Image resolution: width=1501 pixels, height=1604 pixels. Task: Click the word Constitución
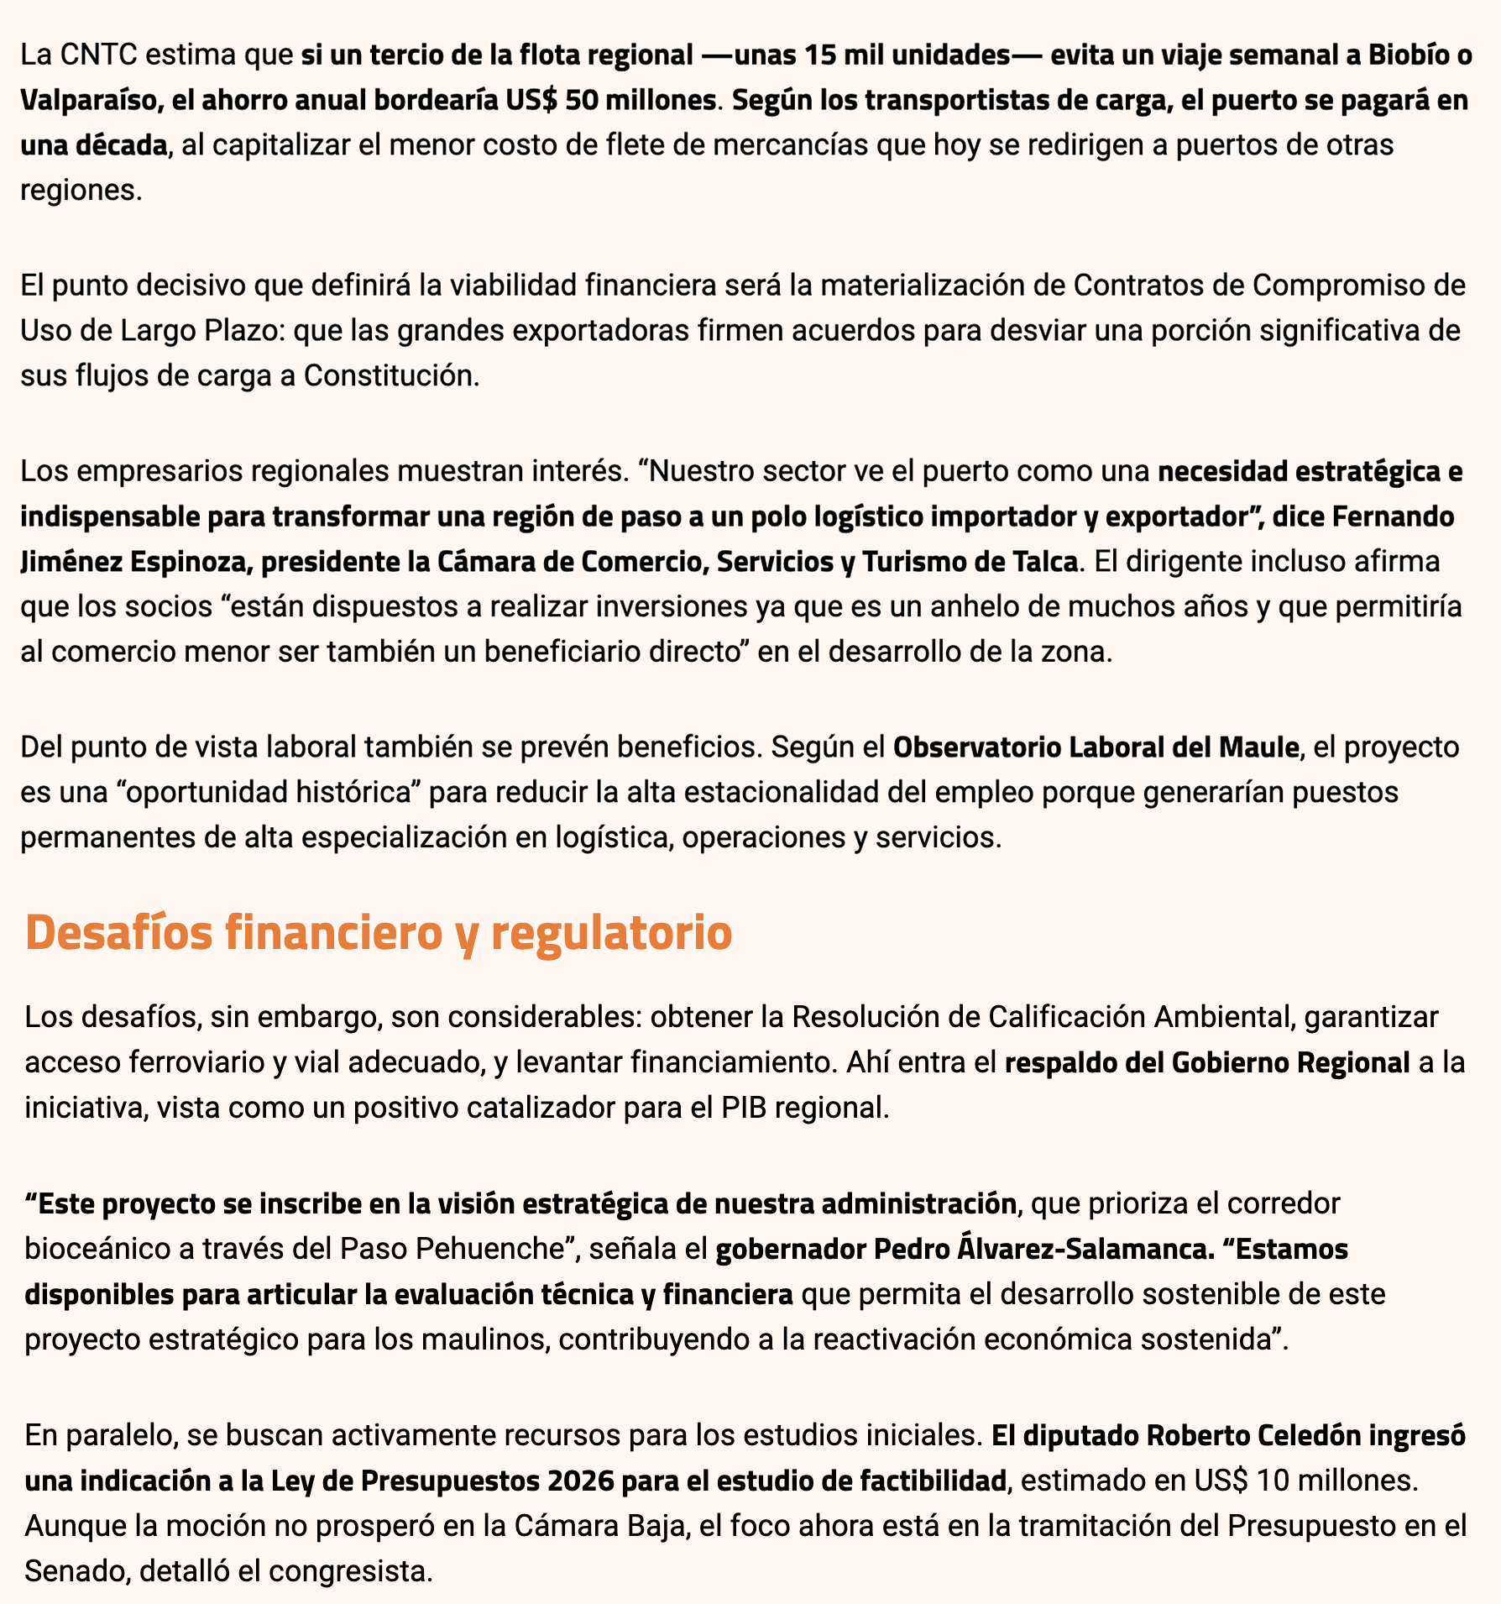click(x=390, y=375)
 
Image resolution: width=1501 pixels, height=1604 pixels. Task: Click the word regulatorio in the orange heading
click(x=610, y=933)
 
